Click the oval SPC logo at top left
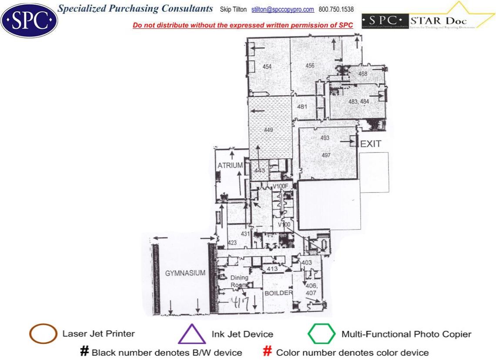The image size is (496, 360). click(29, 20)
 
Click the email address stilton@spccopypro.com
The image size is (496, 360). click(283, 9)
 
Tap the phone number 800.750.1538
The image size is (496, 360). click(336, 9)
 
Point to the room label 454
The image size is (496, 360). click(267, 67)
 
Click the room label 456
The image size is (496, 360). click(310, 66)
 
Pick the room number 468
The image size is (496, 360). click(363, 74)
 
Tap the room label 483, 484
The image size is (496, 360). click(359, 101)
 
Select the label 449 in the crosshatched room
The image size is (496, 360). click(269, 130)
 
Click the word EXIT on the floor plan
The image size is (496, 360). click(371, 144)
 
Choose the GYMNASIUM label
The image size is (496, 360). click(185, 273)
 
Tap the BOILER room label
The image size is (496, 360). click(278, 293)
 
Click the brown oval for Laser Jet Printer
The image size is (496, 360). click(43, 334)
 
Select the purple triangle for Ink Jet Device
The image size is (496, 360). click(192, 334)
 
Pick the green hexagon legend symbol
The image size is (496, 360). click(322, 334)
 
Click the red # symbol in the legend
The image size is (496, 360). click(268, 352)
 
